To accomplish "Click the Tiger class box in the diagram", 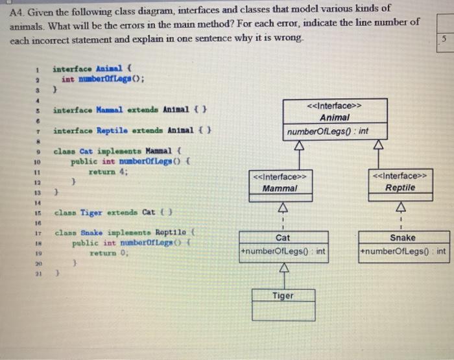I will click(282, 305).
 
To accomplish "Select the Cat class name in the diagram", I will click(283, 238).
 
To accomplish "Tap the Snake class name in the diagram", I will click(402, 238).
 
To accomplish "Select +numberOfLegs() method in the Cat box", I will click(283, 251).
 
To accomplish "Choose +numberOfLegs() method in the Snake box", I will click(402, 251).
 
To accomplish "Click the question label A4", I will click(19, 8).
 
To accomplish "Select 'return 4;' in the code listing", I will click(109, 173).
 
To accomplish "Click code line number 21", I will click(37, 274).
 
